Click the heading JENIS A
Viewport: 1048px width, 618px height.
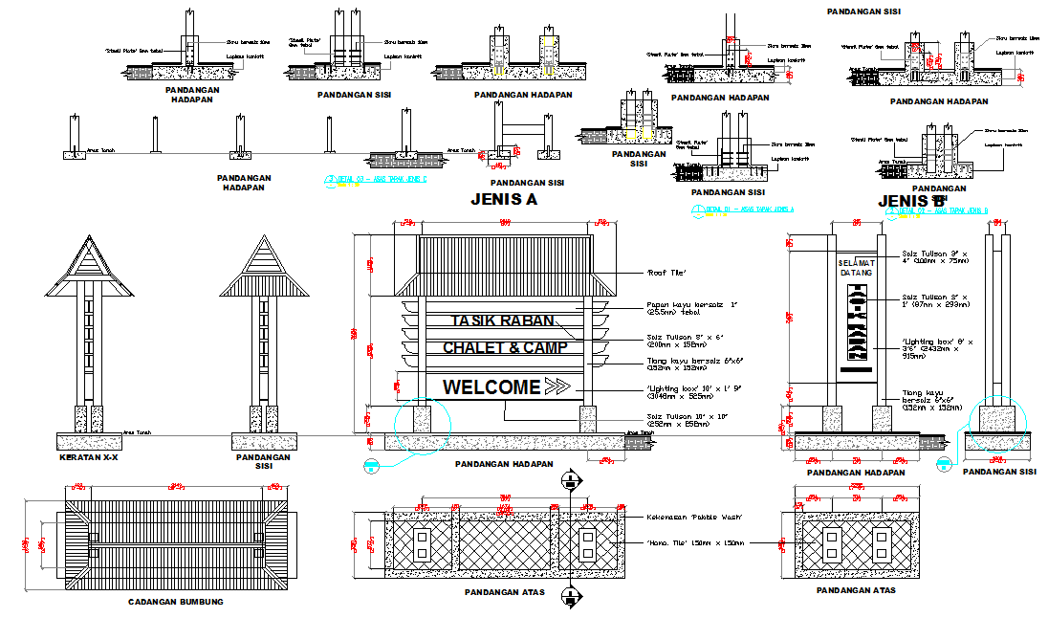tap(504, 200)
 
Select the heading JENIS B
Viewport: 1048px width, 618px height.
tap(911, 201)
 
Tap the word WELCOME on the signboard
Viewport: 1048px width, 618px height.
tap(491, 387)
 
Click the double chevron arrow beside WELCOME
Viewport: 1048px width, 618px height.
tap(558, 386)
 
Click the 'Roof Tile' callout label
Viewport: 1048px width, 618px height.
tap(666, 274)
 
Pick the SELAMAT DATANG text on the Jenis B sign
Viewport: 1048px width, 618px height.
tap(856, 268)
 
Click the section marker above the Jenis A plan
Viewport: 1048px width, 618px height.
tap(571, 480)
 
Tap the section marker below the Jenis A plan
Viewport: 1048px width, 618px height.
tap(571, 597)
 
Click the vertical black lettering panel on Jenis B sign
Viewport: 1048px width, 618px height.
tap(857, 325)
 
